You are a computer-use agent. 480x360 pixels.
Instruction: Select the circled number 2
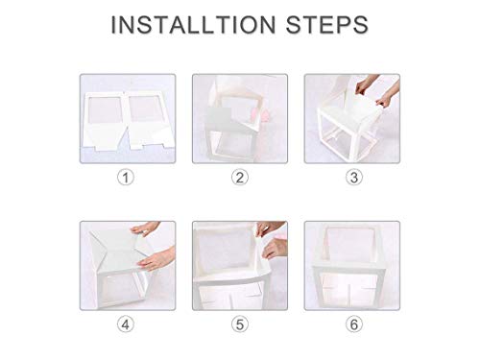pyautogui.click(x=240, y=177)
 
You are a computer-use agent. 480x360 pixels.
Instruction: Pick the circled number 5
pyautogui.click(x=240, y=325)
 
